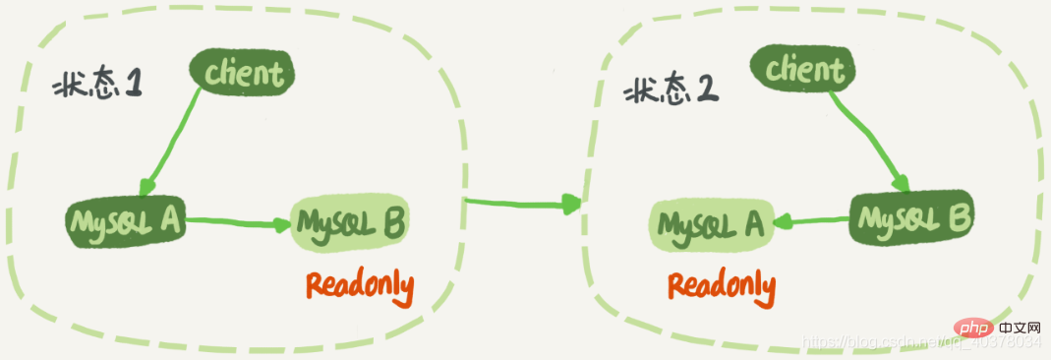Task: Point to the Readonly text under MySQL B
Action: click(x=359, y=286)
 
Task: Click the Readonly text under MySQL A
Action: click(x=722, y=286)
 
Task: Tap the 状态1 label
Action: click(x=97, y=84)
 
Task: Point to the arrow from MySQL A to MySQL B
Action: click(x=241, y=222)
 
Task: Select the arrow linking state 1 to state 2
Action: click(x=522, y=204)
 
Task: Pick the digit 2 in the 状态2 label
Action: click(x=706, y=90)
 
